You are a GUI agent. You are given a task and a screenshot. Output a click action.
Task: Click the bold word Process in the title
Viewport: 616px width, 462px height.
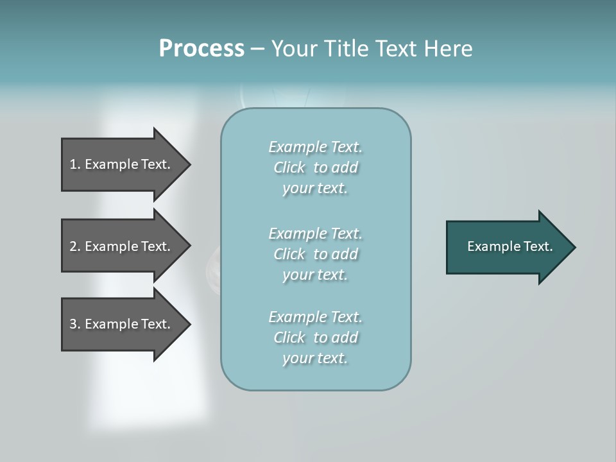(201, 49)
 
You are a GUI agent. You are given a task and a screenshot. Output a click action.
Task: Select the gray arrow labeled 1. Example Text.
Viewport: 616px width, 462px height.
(122, 164)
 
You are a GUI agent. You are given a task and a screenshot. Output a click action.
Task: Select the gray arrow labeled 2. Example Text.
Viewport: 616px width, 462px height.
(122, 246)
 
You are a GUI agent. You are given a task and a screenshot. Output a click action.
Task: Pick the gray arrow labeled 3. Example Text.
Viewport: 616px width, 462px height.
(122, 324)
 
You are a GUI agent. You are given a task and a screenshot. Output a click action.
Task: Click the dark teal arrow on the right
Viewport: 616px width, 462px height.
(507, 246)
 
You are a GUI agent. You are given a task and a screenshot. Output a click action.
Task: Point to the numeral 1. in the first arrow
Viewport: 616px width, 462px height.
(75, 164)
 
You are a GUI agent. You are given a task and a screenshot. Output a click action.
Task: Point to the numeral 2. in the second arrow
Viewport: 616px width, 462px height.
(75, 246)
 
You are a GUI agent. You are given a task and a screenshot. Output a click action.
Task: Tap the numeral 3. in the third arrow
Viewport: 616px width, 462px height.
(75, 324)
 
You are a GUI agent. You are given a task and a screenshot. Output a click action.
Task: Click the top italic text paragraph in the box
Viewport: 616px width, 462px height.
(315, 167)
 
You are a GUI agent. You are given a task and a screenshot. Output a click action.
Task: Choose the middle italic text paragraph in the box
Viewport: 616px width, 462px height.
(315, 254)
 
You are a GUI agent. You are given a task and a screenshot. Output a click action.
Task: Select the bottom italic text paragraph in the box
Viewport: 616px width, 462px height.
(315, 338)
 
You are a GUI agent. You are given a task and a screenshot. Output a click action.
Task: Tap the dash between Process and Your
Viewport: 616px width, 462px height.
(257, 49)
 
